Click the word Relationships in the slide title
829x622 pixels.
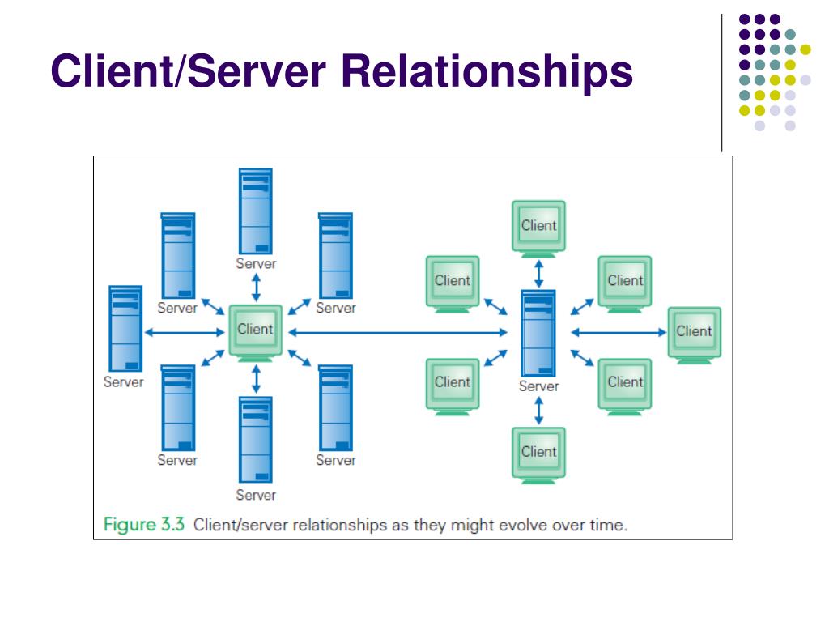pyautogui.click(x=487, y=71)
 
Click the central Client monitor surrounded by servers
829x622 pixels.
pyautogui.click(x=255, y=333)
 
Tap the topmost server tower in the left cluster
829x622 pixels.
pyautogui.click(x=255, y=211)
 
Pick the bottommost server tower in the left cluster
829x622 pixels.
pyautogui.click(x=255, y=440)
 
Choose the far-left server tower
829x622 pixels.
pyautogui.click(x=125, y=329)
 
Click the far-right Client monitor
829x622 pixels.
pyautogui.click(x=694, y=335)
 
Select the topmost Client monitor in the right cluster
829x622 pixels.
pyautogui.click(x=538, y=229)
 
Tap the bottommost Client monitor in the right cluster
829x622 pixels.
pyautogui.click(x=538, y=456)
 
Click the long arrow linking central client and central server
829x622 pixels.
pyautogui.click(x=397, y=333)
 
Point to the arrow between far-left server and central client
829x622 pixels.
pyautogui.click(x=185, y=333)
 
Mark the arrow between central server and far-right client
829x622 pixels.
pyautogui.click(x=619, y=333)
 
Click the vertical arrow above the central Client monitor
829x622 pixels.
pyautogui.click(x=256, y=288)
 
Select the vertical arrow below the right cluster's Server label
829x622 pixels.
pyautogui.click(x=538, y=411)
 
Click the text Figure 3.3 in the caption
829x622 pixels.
pyautogui.click(x=144, y=525)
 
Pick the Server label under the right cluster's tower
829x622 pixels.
pyautogui.click(x=538, y=386)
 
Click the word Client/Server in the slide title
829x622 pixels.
pyautogui.click(x=188, y=71)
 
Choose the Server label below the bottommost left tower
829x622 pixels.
pyautogui.click(x=256, y=495)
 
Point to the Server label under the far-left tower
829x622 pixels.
pyautogui.click(x=124, y=382)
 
